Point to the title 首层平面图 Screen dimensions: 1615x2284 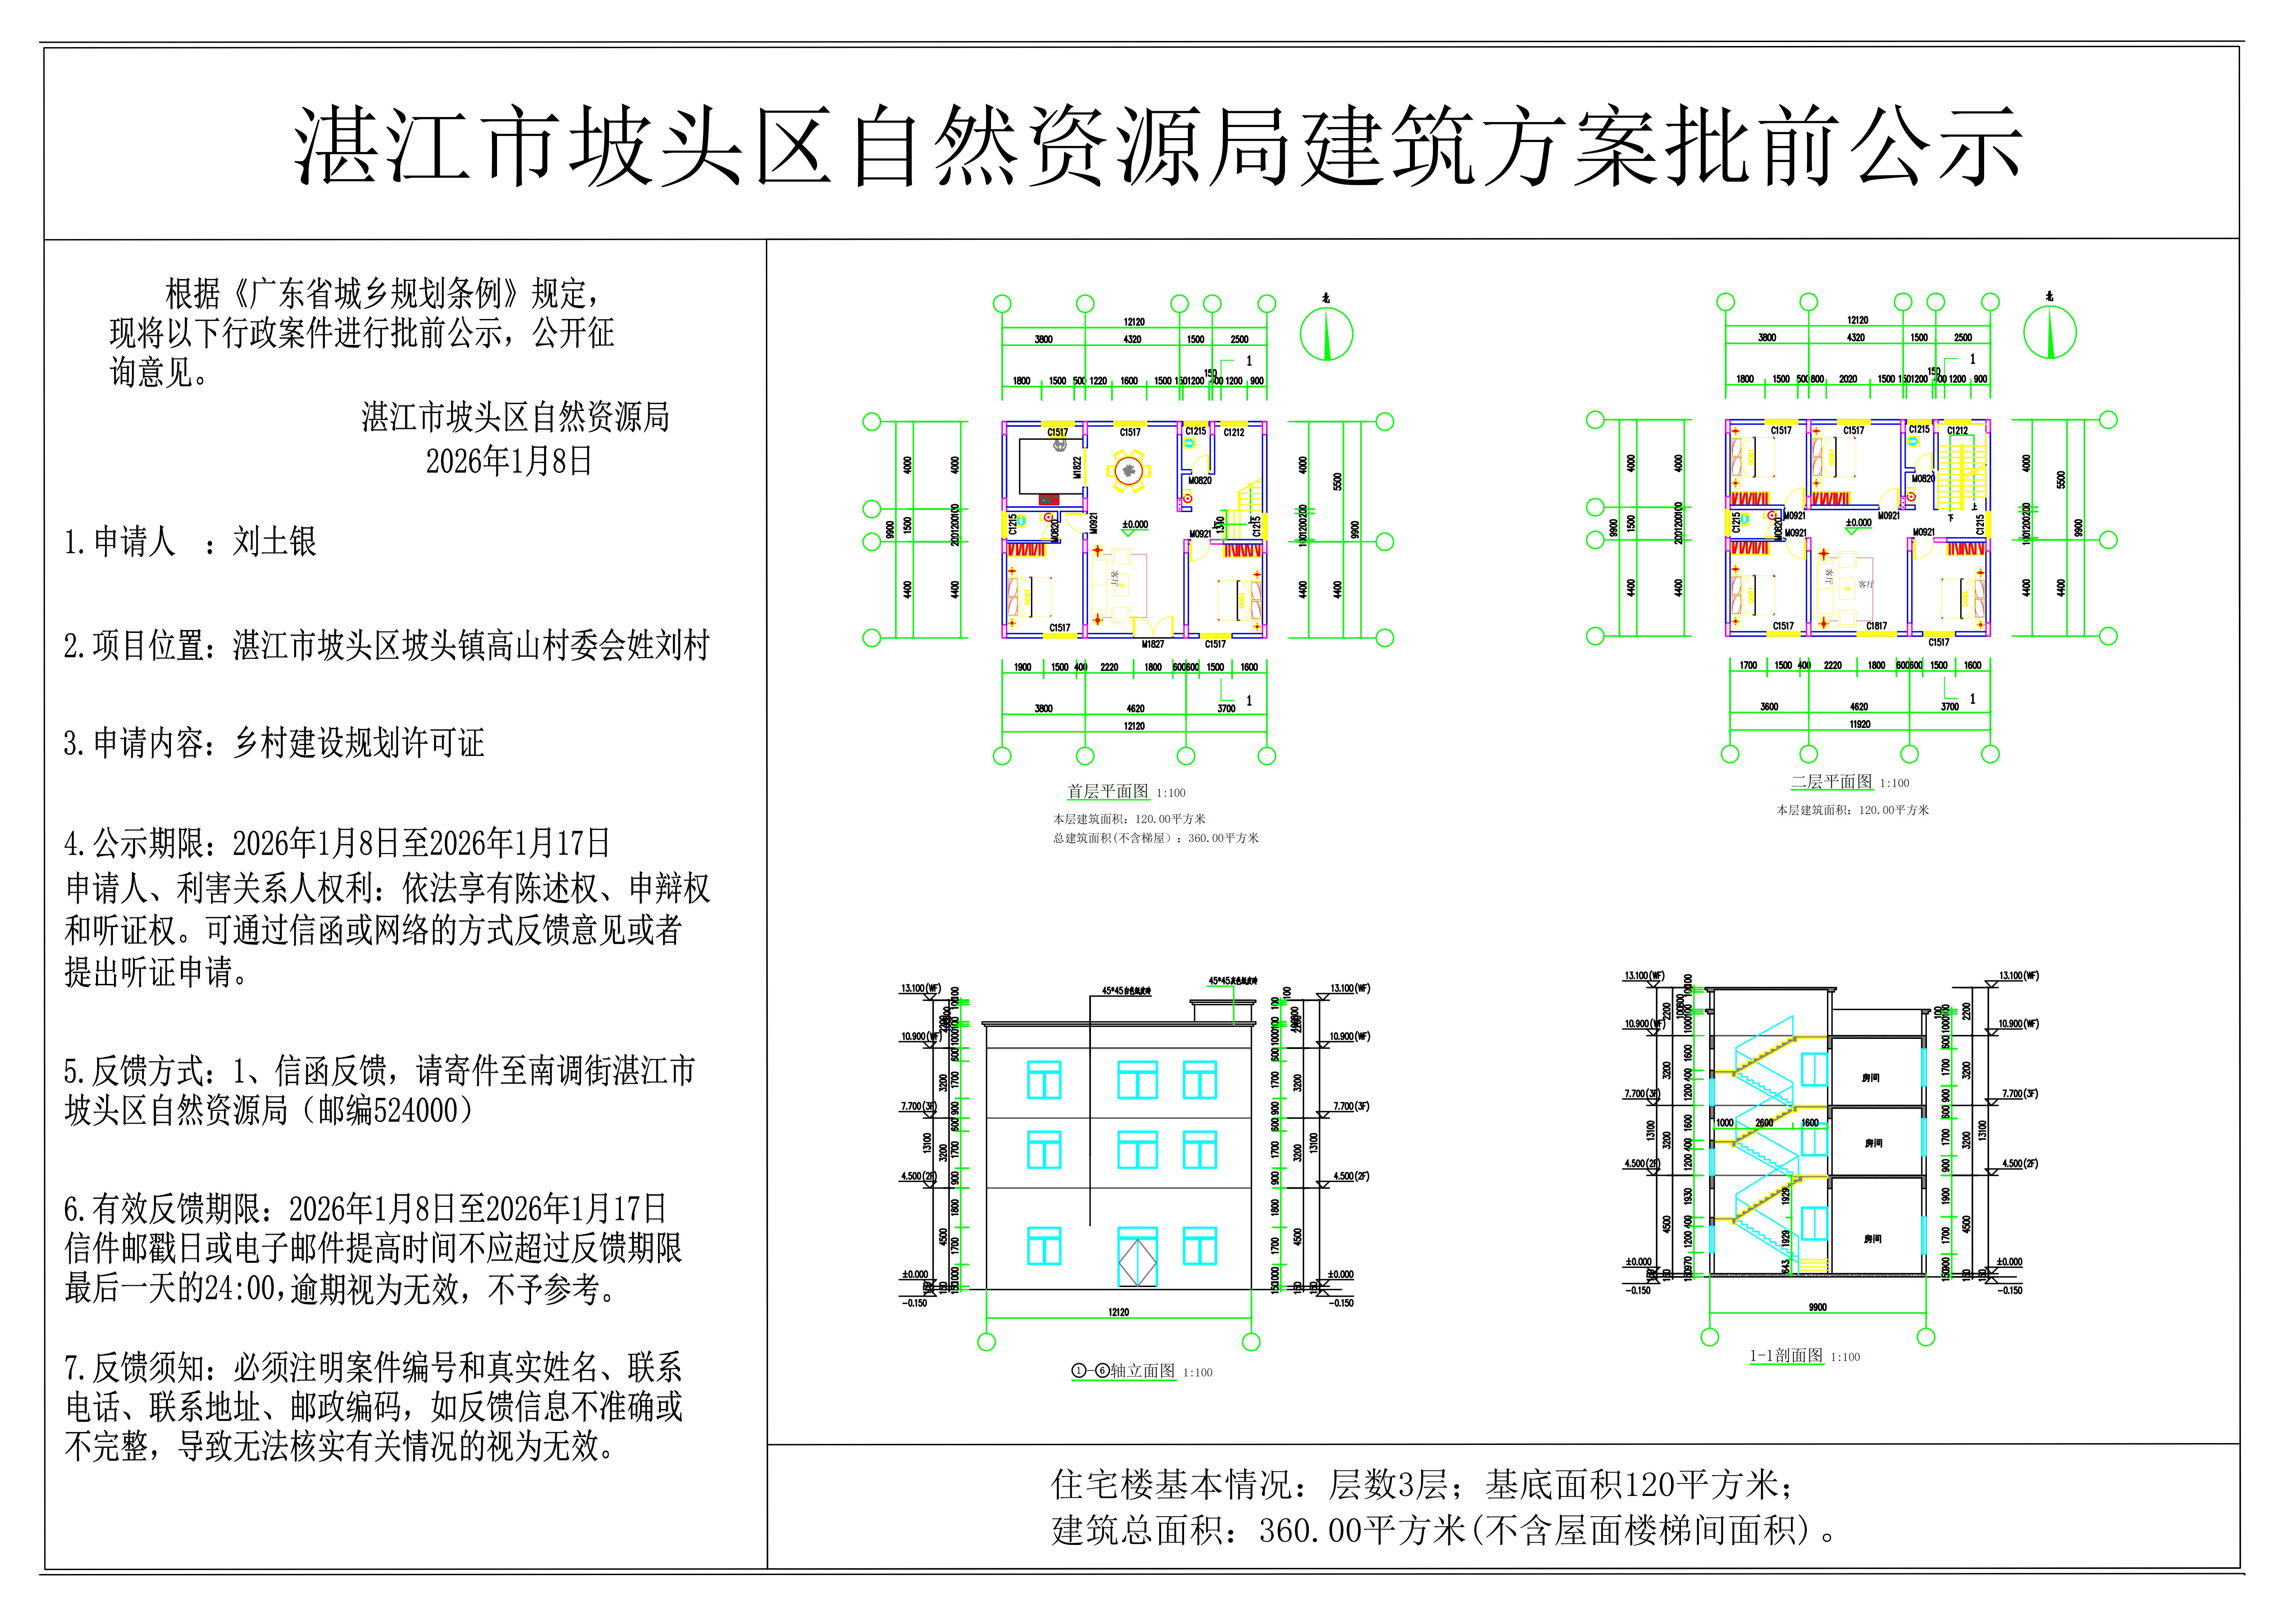pyautogui.click(x=1107, y=791)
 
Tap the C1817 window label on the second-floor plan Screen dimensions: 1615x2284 pyautogui.click(x=1876, y=626)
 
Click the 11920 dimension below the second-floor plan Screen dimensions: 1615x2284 pyautogui.click(x=1859, y=724)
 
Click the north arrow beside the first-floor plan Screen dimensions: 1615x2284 pyautogui.click(x=1326, y=333)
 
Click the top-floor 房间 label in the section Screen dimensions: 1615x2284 pyautogui.click(x=1870, y=1078)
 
